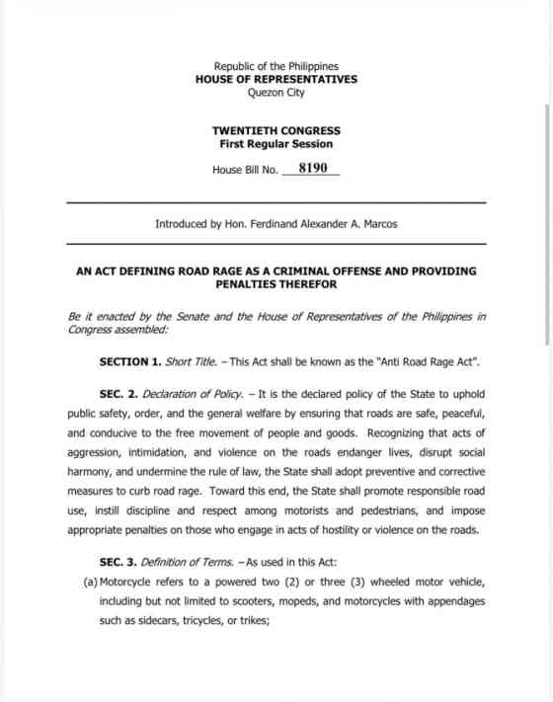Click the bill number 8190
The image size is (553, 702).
point(312,169)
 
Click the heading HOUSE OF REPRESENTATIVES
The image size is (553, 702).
point(276,80)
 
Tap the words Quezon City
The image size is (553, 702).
point(276,93)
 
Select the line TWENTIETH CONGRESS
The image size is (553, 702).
point(276,130)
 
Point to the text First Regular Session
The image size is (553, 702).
point(276,144)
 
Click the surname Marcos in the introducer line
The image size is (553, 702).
point(376,224)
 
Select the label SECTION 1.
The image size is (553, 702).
point(132,362)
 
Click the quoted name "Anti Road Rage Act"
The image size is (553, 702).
point(422,362)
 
